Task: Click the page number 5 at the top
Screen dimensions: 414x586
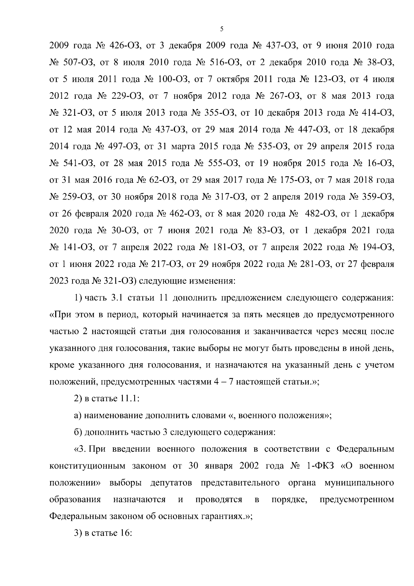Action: pos(221,29)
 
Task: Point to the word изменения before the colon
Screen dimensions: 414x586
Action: pos(211,281)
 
